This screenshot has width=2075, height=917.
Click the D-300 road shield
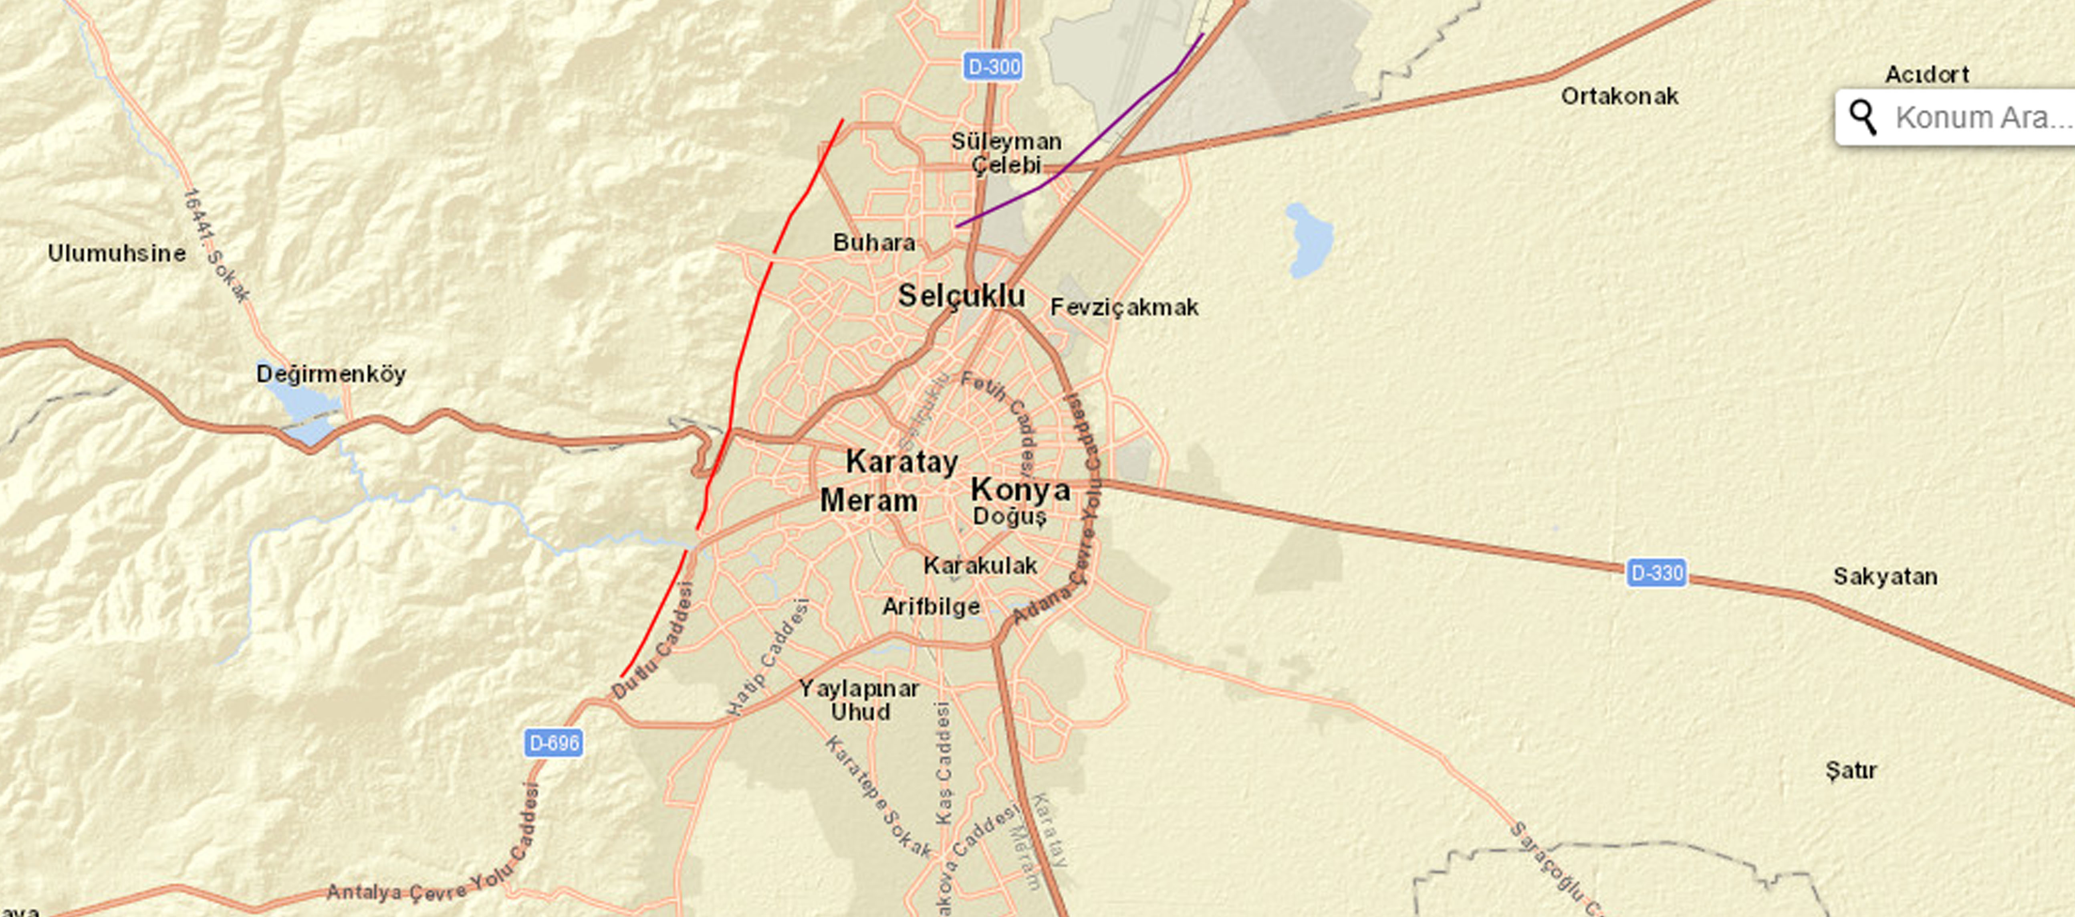point(993,66)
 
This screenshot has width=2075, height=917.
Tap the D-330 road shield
point(1656,573)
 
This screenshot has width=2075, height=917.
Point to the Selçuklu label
point(962,296)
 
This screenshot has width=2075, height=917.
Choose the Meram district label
point(868,500)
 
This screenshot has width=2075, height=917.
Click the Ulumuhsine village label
point(117,253)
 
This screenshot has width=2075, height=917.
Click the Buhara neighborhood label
point(874,243)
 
